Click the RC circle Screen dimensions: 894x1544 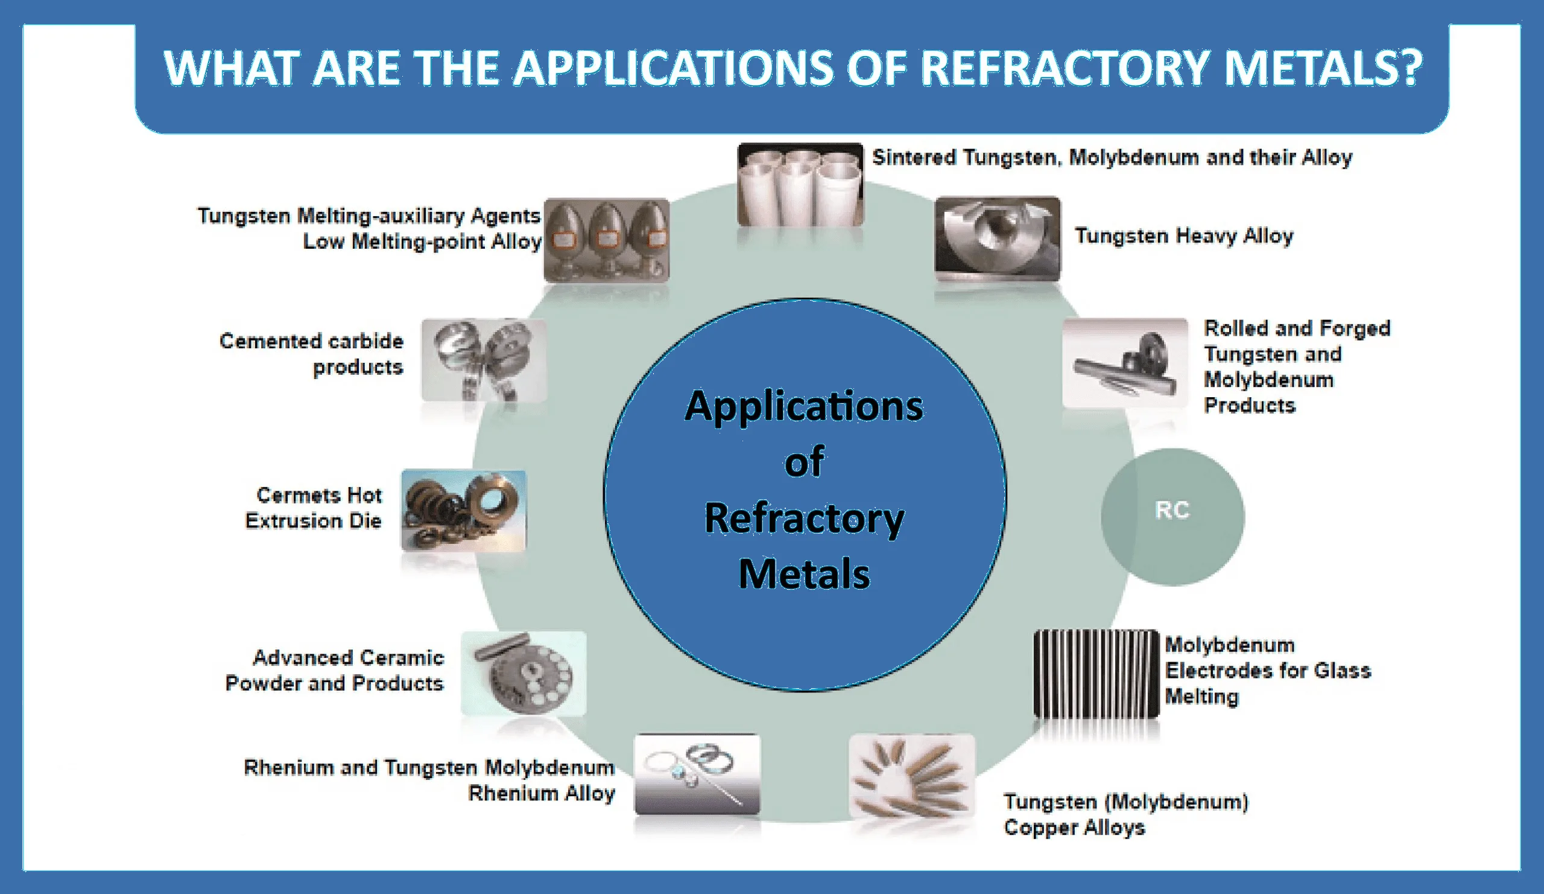coord(1172,516)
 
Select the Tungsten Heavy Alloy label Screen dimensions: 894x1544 coord(1184,235)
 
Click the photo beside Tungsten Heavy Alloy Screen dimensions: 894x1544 coord(997,238)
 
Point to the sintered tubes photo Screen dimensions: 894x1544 coord(800,185)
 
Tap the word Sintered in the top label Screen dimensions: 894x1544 coord(914,158)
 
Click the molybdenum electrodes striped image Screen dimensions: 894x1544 coord(1095,673)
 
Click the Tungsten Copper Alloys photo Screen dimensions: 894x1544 coord(911,776)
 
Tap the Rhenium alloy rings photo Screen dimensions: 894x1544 coord(697,774)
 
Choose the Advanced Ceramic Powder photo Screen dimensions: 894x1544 coord(524,673)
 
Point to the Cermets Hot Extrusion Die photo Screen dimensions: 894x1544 coord(463,510)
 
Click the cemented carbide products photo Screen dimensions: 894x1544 coord(484,360)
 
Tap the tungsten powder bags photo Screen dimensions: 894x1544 coord(606,240)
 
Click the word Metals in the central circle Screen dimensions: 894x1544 coord(804,574)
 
